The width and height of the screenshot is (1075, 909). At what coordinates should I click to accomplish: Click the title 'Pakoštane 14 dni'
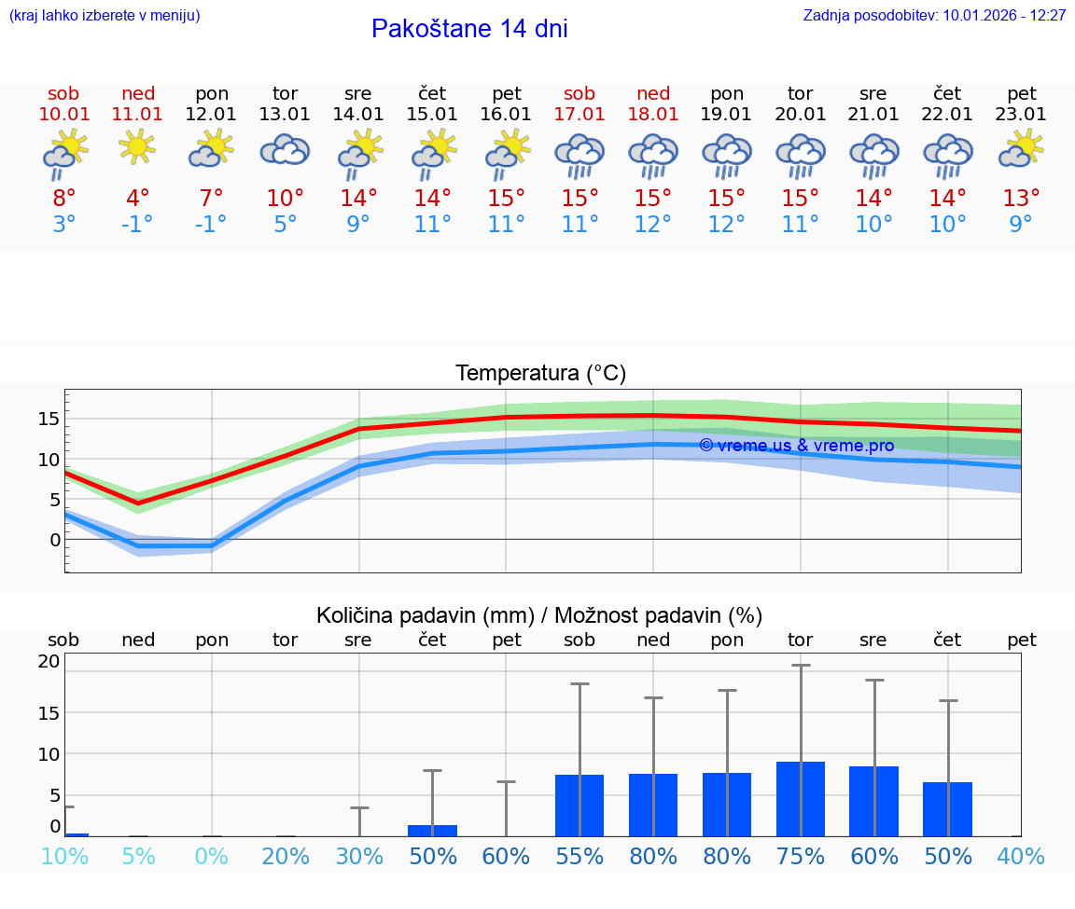tap(469, 29)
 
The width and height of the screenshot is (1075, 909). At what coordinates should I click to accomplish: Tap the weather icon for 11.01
tap(137, 146)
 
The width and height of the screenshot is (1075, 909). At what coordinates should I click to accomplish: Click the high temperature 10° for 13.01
tap(285, 198)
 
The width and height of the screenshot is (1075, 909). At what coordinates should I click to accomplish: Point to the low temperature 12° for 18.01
tap(653, 224)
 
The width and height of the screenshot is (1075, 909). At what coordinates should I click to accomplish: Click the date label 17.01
tap(579, 115)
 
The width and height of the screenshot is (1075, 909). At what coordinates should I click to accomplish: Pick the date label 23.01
tap(1022, 115)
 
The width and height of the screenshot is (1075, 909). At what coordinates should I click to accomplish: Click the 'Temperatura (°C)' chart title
tap(540, 374)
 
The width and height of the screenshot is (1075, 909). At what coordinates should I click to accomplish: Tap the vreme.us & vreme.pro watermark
tap(796, 446)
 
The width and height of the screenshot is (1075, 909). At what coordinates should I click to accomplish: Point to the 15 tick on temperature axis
tap(49, 419)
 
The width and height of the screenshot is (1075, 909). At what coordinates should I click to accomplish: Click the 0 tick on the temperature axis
tap(55, 540)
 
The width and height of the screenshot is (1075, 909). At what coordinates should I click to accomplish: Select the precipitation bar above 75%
tap(801, 799)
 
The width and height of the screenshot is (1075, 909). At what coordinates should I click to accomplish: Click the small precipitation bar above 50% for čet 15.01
tap(432, 830)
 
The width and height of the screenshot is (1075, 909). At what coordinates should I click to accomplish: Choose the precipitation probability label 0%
tap(212, 856)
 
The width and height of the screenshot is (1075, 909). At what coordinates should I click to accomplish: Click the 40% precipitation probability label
tap(1022, 856)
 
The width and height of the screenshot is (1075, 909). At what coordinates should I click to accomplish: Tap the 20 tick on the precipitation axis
tap(49, 662)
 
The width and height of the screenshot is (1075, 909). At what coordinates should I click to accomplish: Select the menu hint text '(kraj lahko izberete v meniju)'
tap(105, 15)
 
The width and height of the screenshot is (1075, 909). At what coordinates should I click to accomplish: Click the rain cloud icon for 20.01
tap(801, 154)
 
